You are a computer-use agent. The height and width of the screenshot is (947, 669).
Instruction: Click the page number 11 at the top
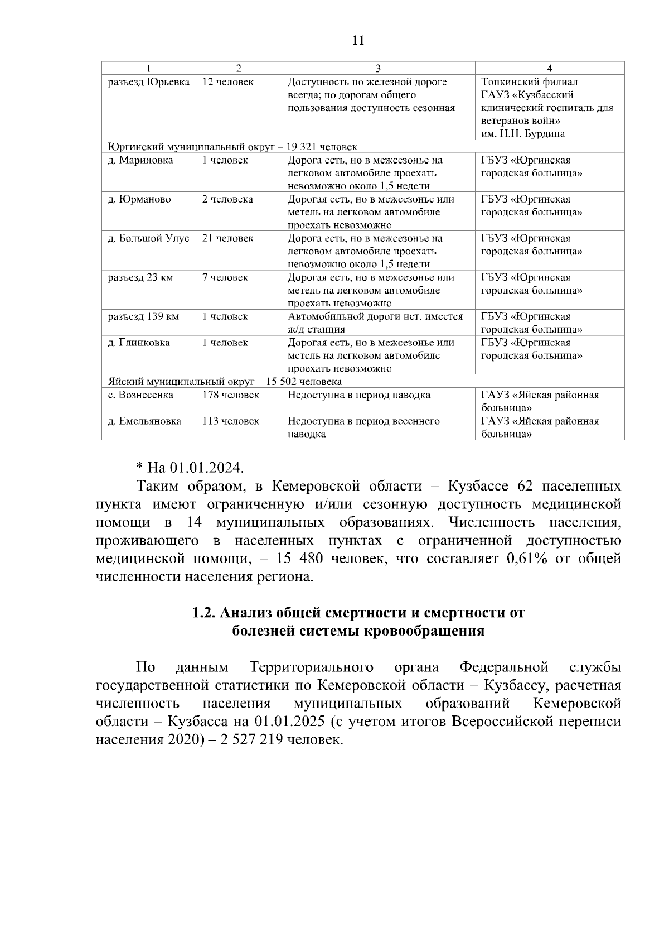pos(358,40)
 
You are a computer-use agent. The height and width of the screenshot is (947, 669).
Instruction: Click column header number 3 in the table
pos(378,68)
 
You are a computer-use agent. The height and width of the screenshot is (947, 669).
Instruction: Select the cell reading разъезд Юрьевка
pos(148,83)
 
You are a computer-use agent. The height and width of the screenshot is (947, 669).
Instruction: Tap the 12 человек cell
pos(227,83)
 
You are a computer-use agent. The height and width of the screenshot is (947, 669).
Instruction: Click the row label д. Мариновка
pos(140,161)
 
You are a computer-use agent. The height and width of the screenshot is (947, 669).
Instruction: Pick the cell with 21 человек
pos(227,239)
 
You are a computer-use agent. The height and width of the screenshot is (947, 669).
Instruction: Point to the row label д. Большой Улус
pos(148,239)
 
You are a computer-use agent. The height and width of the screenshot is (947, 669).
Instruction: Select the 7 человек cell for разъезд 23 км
pos(225,278)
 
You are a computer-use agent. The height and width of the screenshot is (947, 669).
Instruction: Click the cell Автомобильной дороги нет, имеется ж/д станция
pos(375,323)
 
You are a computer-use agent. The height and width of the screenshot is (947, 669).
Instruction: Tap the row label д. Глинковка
pos(139,343)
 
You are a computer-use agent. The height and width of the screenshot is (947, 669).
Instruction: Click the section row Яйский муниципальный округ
pos(224,382)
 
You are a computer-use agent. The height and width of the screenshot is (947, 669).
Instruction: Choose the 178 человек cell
pos(230,395)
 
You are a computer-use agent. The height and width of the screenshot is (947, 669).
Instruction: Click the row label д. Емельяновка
pos(144,421)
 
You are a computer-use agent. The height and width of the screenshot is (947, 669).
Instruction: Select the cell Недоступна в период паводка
pos(358,395)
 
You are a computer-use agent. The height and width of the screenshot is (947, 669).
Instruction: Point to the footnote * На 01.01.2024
pos(190,467)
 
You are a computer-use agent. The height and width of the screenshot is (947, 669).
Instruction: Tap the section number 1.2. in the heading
pos(204,613)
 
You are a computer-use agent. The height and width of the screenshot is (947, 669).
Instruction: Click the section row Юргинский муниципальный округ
pos(232,147)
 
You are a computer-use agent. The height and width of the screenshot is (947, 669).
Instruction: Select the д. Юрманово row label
pos(139,200)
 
